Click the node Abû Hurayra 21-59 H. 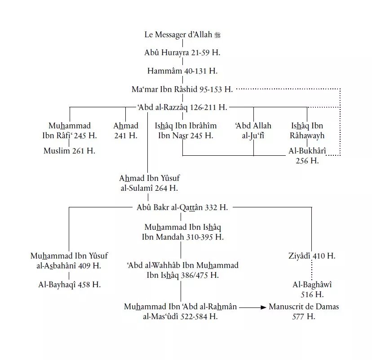coord(182,53)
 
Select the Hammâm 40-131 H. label coord(182,71)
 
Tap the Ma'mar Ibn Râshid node coord(182,89)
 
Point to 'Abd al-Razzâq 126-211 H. coord(182,107)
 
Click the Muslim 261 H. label coord(69,151)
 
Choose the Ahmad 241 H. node coord(126,131)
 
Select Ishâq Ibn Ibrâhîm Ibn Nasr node coord(185,131)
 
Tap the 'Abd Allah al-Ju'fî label coord(253,131)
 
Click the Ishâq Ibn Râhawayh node coord(307,131)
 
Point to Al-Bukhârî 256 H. coord(307,156)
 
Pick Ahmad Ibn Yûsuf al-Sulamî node coord(150,183)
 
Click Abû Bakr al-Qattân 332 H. coord(182,207)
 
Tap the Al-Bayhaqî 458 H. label coord(69,285)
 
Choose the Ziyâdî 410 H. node coord(312,256)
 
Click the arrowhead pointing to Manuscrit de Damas coord(263,307)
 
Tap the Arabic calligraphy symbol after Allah coord(218,35)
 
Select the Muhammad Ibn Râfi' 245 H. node coord(70,131)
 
